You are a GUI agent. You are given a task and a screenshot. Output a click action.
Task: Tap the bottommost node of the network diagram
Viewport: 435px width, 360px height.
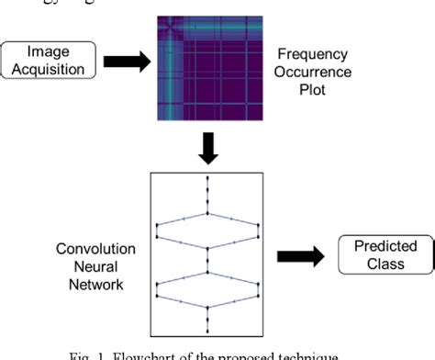(x=208, y=331)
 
